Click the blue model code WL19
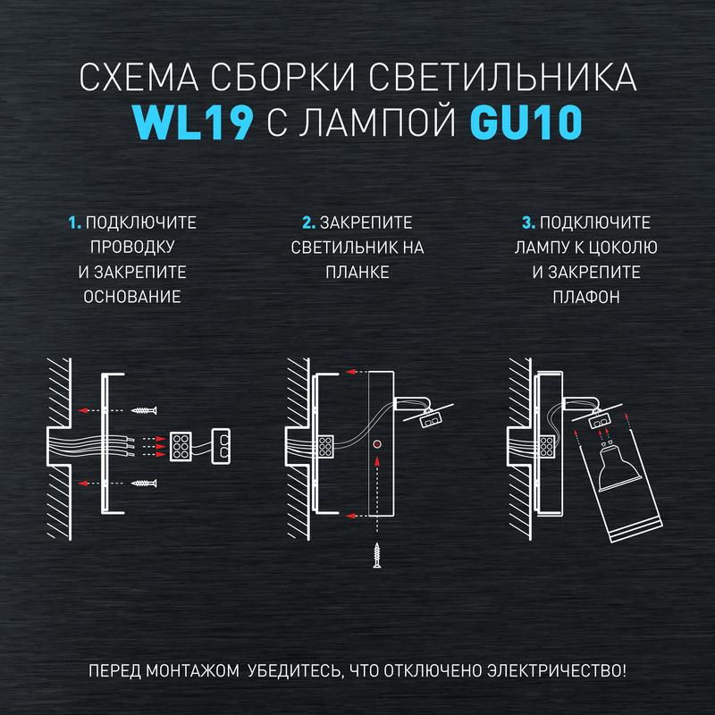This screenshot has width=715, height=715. click(193, 122)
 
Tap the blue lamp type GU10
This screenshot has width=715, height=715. click(526, 122)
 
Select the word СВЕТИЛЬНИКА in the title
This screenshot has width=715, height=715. click(502, 77)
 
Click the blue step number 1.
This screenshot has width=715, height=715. click(74, 223)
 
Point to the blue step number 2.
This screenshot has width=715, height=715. click(308, 223)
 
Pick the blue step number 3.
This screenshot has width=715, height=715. click(528, 223)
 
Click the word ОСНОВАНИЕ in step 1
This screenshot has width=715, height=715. click(132, 297)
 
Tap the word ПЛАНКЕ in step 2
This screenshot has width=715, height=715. click(357, 273)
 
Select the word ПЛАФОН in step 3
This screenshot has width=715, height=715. click(586, 297)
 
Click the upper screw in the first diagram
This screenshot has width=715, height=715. click(144, 410)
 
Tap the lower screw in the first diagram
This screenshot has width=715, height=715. click(144, 483)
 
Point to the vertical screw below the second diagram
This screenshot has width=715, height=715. click(376, 555)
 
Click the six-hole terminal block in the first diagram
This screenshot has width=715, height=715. click(181, 446)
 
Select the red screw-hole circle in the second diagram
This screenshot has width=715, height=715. click(376, 444)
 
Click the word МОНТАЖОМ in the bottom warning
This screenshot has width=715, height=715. click(193, 671)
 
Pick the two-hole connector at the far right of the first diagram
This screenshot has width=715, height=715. click(221, 446)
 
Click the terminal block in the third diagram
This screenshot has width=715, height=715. click(548, 447)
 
